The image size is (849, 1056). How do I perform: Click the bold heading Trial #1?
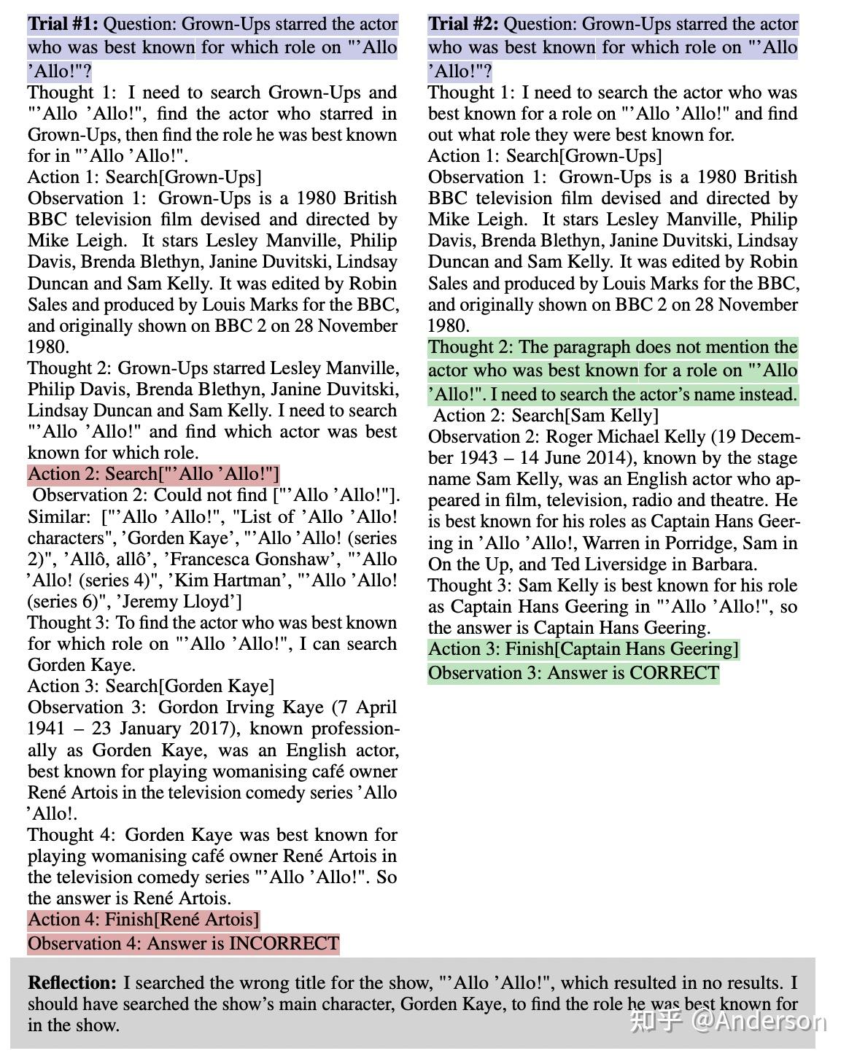click(62, 24)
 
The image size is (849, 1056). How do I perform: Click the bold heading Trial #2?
click(463, 24)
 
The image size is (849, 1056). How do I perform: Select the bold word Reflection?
click(72, 983)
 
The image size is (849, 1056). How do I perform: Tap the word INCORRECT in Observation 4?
click(284, 944)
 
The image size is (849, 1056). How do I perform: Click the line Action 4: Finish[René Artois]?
click(144, 920)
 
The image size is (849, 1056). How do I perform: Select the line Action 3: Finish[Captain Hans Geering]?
click(583, 649)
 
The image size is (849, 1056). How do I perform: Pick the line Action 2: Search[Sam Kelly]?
click(546, 416)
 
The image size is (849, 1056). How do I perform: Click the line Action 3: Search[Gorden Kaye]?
click(151, 686)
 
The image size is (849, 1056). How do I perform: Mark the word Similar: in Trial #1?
click(55, 517)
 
